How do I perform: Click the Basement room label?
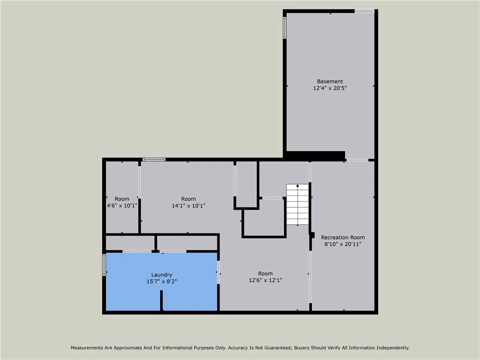330,82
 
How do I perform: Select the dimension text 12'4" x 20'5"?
330,88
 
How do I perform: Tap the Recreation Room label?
343,238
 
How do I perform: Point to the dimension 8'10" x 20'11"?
343,244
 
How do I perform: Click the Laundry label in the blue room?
162,275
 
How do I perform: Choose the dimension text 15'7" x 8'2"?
162,281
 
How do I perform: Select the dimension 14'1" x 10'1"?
188,206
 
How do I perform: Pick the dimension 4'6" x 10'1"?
122,206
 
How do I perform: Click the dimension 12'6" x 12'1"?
265,280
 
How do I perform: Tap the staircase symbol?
298,205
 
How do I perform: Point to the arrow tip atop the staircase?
298,186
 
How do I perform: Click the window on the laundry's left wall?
104,265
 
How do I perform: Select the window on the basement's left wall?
285,28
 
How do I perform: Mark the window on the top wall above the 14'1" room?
154,159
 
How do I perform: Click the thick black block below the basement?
315,156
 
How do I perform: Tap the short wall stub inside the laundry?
162,300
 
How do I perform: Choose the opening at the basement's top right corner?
364,11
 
